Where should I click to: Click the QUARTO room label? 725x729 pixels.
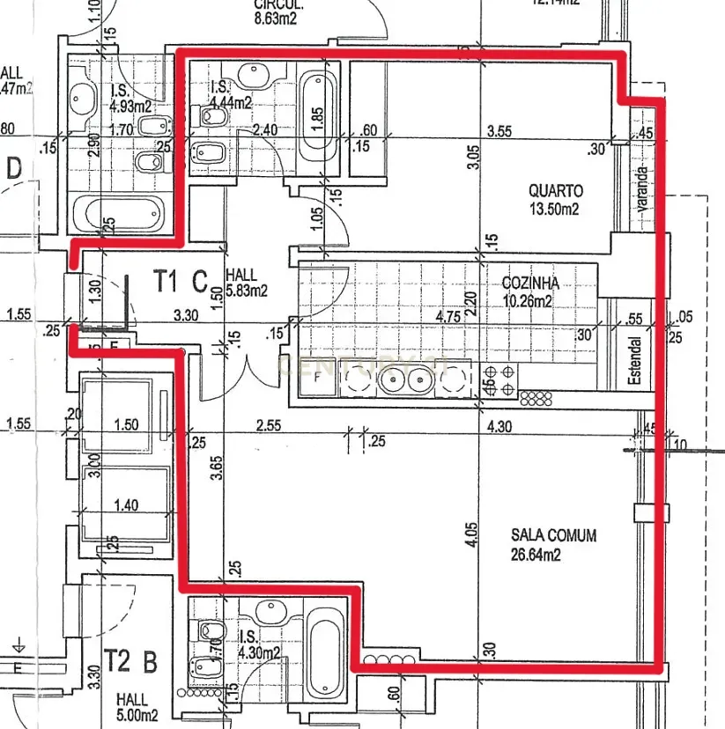(x=555, y=190)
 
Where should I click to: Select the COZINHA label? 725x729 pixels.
(x=530, y=283)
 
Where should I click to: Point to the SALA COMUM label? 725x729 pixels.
(x=553, y=535)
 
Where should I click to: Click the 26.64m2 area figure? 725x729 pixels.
(x=536, y=555)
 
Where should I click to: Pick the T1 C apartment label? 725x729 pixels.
(x=180, y=282)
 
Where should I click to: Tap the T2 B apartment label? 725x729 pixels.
(x=130, y=661)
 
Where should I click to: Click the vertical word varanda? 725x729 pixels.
(x=642, y=188)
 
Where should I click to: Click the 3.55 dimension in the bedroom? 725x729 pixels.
(x=499, y=132)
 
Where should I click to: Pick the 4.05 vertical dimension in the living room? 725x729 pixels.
(x=472, y=536)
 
